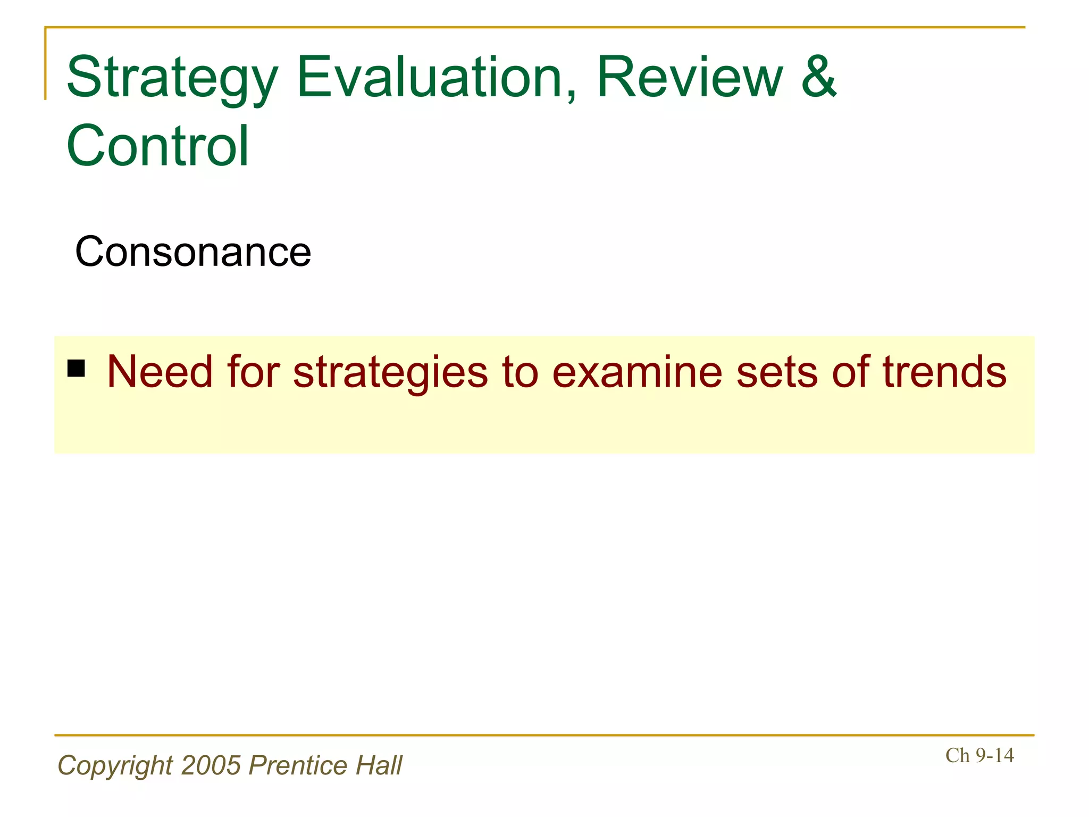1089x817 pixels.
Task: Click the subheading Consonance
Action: pyautogui.click(x=193, y=252)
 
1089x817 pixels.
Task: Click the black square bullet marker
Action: pyautogui.click(x=77, y=368)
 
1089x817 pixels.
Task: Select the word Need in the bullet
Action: pyautogui.click(x=160, y=372)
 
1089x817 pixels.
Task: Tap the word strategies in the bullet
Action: pyautogui.click(x=390, y=372)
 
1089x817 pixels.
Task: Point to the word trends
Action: pyautogui.click(x=944, y=372)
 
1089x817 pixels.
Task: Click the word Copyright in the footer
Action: pyautogui.click(x=115, y=766)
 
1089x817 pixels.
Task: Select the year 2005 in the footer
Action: pyautogui.click(x=211, y=766)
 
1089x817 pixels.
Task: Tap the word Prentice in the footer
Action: pyautogui.click(x=298, y=766)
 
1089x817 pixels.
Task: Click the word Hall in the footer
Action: pyautogui.click(x=379, y=766)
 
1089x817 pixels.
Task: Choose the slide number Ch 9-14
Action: pyautogui.click(x=979, y=755)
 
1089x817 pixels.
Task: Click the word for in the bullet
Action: pyautogui.click(x=253, y=372)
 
